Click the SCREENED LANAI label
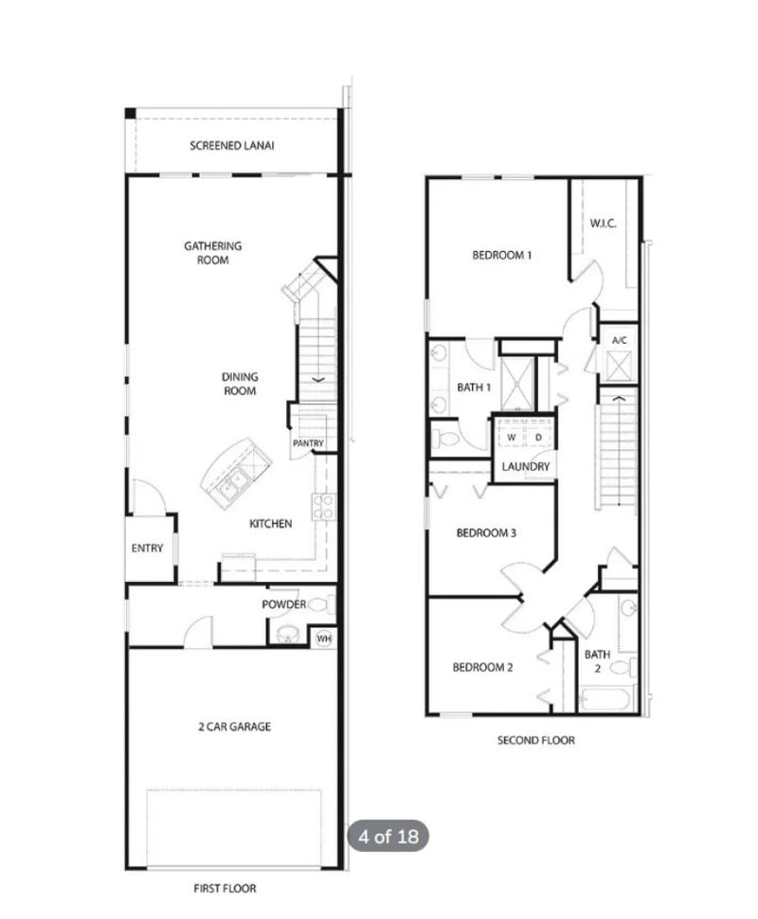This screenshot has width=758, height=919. pos(226,146)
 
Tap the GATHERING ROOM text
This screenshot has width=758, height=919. pos(212,252)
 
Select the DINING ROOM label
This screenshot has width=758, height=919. pos(239,383)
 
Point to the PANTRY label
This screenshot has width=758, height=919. pos(308,442)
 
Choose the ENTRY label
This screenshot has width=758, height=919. pos(147,548)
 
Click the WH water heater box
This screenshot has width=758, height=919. pos(324,638)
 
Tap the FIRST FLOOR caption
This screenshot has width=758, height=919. pos(225,889)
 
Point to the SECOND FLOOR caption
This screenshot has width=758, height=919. pos(535,740)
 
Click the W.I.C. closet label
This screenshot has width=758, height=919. pos(603,224)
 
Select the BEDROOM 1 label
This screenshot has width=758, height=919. pos(502,255)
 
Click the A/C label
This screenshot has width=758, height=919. pos(620,339)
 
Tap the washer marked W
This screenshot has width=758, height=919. pos(512,438)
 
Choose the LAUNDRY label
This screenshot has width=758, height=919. pos(526,466)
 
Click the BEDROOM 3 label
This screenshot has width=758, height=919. pos(486,532)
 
